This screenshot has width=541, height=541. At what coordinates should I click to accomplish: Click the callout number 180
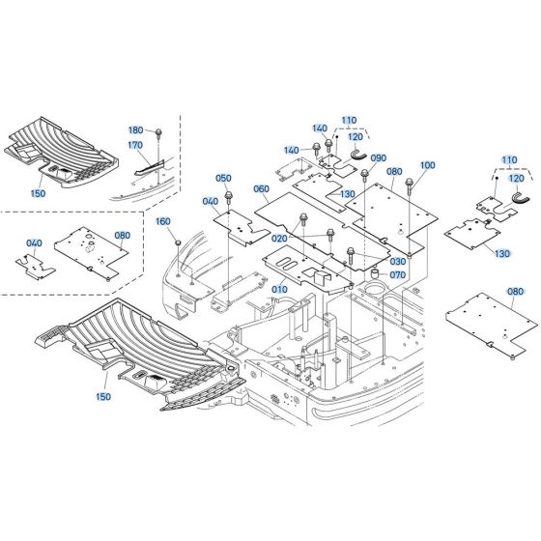[x=135, y=129]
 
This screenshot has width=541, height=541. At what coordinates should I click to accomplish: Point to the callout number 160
[x=162, y=221]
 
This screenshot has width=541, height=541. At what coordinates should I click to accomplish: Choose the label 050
[x=223, y=179]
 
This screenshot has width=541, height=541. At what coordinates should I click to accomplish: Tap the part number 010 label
[x=279, y=289]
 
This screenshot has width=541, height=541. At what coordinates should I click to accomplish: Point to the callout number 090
[x=378, y=158]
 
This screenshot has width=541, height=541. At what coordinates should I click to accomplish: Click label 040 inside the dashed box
[x=34, y=243]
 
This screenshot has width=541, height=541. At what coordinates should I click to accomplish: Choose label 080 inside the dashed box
[x=122, y=234]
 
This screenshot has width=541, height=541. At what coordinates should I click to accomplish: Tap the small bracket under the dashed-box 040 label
[x=34, y=265]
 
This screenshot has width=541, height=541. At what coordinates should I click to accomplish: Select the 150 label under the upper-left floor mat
[x=38, y=194]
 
